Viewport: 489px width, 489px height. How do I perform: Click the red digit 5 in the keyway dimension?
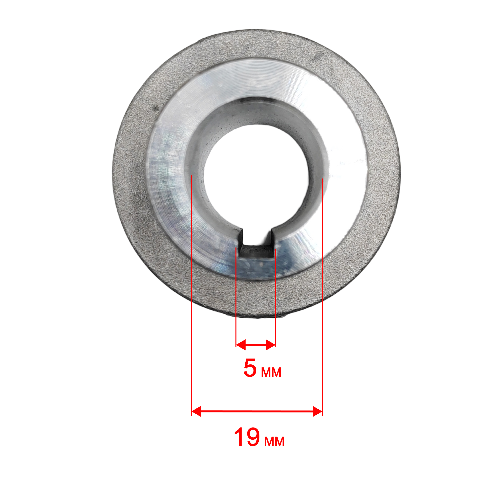tap(250, 368)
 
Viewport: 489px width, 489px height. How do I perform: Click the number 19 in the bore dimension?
tap(247, 437)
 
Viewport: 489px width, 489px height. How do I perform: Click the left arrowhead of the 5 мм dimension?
tap(241, 345)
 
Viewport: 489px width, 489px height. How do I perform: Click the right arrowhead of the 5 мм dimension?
tap(271, 345)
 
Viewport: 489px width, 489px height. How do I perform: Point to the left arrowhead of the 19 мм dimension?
tap(196, 411)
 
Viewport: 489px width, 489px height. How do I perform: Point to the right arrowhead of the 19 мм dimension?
tap(318, 411)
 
